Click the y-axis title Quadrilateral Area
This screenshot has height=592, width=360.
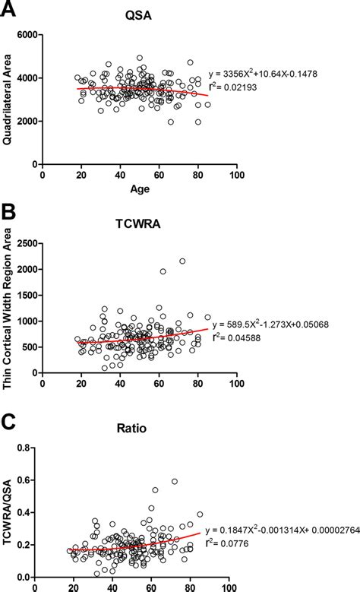tap(9, 99)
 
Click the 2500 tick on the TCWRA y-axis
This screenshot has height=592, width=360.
tap(26, 243)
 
